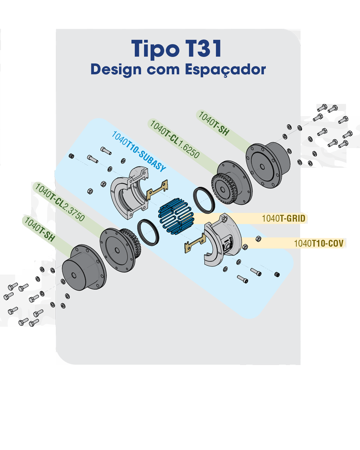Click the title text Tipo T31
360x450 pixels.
pos(176,49)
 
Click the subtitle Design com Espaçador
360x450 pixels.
pos(178,70)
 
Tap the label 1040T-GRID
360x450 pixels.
pos(283,219)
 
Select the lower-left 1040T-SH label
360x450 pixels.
pos(40,229)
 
